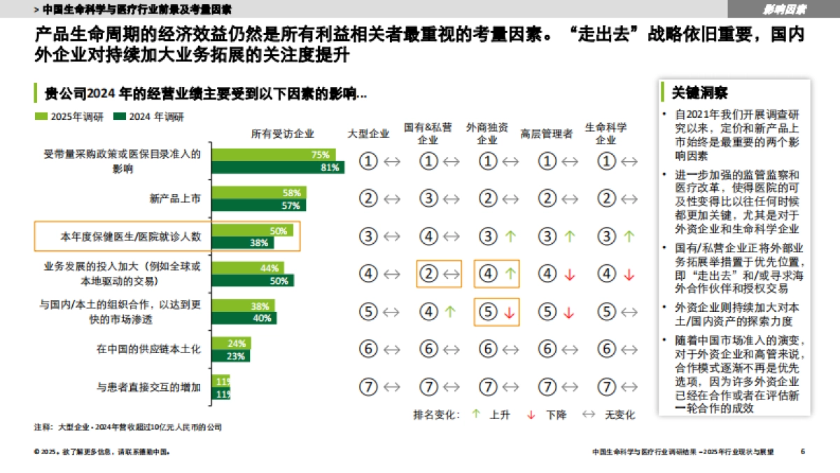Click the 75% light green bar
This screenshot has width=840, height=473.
click(x=274, y=155)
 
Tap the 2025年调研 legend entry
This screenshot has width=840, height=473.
click(x=69, y=116)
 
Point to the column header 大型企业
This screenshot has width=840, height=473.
click(x=369, y=133)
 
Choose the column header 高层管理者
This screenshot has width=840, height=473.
click(x=547, y=133)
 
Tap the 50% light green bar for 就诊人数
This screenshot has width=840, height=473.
click(x=253, y=231)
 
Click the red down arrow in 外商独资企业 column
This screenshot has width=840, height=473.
click(x=510, y=313)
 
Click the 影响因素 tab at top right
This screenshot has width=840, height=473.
click(x=784, y=9)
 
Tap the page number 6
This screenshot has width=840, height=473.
click(x=803, y=451)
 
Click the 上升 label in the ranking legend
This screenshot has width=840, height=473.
click(x=500, y=415)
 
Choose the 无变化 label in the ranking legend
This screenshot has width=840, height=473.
click(x=619, y=415)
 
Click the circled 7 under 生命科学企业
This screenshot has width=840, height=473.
click(x=606, y=386)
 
